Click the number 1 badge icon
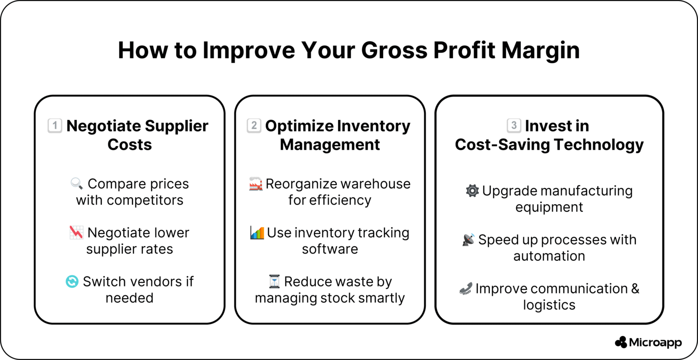click(55, 125)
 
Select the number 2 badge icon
click(254, 125)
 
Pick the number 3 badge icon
click(514, 125)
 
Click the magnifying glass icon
click(77, 184)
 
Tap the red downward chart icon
click(76, 233)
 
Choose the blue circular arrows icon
click(72, 282)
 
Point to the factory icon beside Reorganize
click(256, 184)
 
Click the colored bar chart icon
click(257, 233)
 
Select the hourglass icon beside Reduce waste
click(274, 282)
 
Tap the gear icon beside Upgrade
click(473, 191)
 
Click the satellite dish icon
click(469, 240)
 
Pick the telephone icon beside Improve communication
click(466, 289)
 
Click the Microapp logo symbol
click(621, 342)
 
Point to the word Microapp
click(656, 342)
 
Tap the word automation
click(549, 256)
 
